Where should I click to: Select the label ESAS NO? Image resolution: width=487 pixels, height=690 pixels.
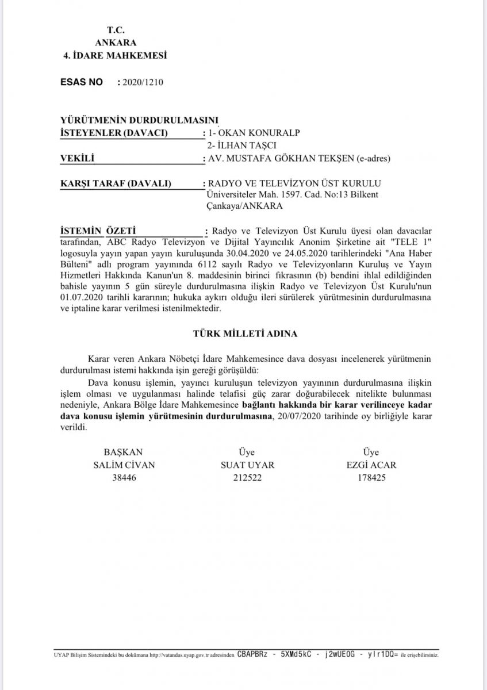pyautogui.click(x=82, y=82)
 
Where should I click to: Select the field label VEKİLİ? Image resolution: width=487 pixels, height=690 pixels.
pyautogui.click(x=77, y=158)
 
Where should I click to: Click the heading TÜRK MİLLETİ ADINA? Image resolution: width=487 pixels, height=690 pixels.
pyautogui.click(x=244, y=333)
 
